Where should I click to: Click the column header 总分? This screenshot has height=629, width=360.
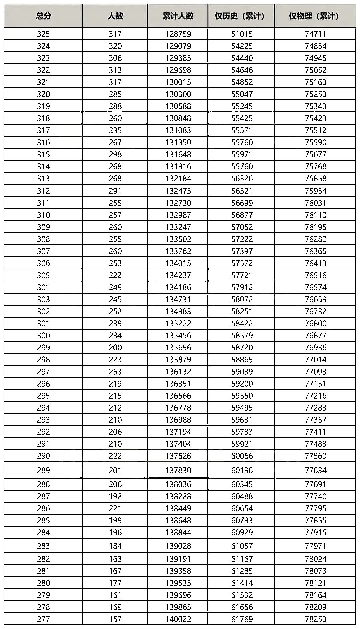pos(43,16)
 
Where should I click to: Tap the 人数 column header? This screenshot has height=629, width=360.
pos(115,16)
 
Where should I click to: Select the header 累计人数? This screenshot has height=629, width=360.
pos(178,16)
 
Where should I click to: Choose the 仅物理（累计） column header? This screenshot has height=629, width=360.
pos(315,16)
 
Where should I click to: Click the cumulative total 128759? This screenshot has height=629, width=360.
pos(178,34)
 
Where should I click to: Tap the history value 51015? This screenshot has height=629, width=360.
pos(242,34)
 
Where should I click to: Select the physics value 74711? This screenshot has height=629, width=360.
pos(315,34)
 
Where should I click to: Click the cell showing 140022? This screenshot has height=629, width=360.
pos(178,619)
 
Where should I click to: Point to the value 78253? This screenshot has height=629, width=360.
pos(315,619)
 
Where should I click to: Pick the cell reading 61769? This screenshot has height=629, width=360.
pos(242,619)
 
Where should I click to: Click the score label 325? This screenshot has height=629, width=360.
pos(43,34)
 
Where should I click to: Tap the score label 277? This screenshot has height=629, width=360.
pos(43,619)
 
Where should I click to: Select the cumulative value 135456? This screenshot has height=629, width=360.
pos(178,335)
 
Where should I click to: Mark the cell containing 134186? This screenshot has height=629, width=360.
pos(178,287)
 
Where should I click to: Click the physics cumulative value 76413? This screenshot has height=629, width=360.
pos(315,263)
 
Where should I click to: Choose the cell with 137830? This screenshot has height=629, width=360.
pos(178,470)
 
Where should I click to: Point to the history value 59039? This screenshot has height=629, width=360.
pos(242,372)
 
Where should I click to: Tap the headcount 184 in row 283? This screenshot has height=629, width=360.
pos(115,546)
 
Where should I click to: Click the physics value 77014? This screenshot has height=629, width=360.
pos(315,360)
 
